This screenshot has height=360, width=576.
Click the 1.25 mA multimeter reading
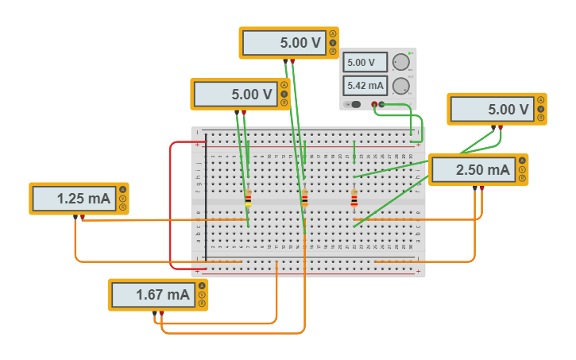click(72, 199)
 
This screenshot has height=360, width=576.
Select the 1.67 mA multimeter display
click(151, 295)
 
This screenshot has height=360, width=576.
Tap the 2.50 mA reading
click(472, 170)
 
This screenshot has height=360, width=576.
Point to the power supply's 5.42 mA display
click(365, 85)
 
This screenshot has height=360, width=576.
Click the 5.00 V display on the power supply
click(365, 62)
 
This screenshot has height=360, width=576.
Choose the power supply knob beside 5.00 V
click(402, 62)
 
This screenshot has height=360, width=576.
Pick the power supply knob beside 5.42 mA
click(402, 85)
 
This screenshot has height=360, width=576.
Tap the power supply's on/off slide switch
click(354, 104)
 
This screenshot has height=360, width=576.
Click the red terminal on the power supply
click(374, 104)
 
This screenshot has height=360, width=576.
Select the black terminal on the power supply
click(382, 104)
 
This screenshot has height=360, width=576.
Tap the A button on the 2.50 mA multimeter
click(522, 161)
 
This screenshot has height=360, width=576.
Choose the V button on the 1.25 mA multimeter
click(122, 199)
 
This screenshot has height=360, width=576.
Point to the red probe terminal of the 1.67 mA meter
click(161, 313)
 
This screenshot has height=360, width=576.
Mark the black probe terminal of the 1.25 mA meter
click(75, 217)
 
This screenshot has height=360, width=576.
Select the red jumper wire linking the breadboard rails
click(171, 207)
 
